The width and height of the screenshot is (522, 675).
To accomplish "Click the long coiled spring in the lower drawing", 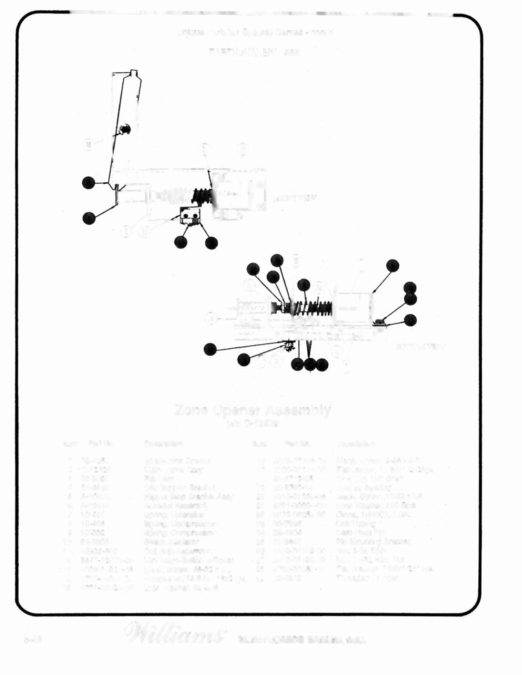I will click(x=314, y=308).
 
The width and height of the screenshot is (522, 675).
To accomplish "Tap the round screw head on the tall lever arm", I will click(x=124, y=129).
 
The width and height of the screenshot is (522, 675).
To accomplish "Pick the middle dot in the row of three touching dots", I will click(x=310, y=364).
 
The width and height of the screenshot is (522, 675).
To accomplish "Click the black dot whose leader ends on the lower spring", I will click(x=303, y=285).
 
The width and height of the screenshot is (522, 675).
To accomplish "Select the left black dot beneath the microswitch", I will click(x=180, y=242).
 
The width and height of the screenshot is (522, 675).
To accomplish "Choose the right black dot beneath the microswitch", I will click(x=211, y=243).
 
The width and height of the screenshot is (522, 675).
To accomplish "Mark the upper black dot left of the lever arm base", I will click(x=89, y=183).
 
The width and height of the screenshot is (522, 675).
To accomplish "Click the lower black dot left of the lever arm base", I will click(x=89, y=218).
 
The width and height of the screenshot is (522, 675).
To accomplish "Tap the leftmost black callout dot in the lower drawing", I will click(x=210, y=349).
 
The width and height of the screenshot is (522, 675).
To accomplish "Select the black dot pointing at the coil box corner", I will click(x=393, y=265).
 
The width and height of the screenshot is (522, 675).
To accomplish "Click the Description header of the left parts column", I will click(x=163, y=444).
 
